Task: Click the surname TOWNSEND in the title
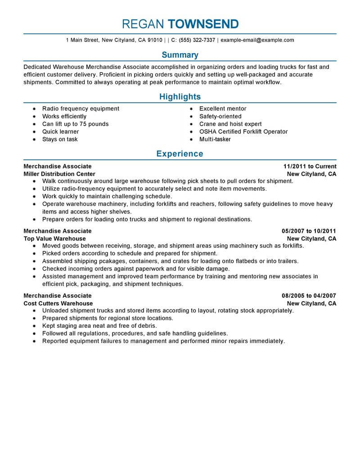pyautogui.click(x=203, y=24)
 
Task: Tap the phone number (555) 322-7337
pyautogui.click(x=197, y=40)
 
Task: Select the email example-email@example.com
pyautogui.click(x=257, y=40)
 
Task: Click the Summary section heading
pyautogui.click(x=180, y=55)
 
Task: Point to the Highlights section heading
pyautogui.click(x=180, y=97)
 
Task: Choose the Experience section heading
pyautogui.click(x=180, y=154)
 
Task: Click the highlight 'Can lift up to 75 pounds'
pyautogui.click(x=75, y=124)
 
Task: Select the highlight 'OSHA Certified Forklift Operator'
pyautogui.click(x=243, y=131)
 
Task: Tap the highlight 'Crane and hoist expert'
pyautogui.click(x=230, y=124)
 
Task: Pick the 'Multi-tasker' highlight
pyautogui.click(x=215, y=139)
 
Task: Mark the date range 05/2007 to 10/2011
pyautogui.click(x=309, y=231)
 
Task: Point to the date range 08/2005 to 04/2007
pyautogui.click(x=309, y=296)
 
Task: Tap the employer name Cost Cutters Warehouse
pyautogui.click(x=58, y=303)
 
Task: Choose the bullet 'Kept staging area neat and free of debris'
pyautogui.click(x=99, y=326)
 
